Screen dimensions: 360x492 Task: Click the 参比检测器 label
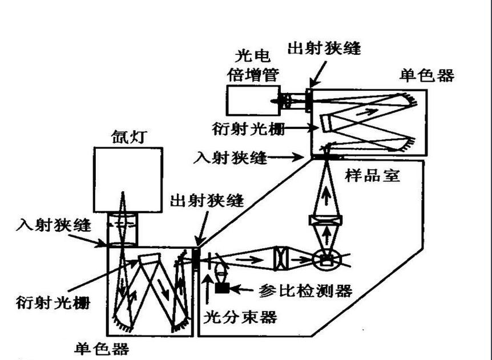tap(305, 290)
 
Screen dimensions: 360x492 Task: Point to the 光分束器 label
tap(240, 317)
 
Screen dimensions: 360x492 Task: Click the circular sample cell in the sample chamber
tap(326, 260)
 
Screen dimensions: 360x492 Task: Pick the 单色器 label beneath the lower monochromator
tap(102, 349)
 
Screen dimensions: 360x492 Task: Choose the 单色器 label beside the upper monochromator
tap(428, 75)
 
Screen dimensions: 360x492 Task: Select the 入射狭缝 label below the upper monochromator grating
tap(231, 156)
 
